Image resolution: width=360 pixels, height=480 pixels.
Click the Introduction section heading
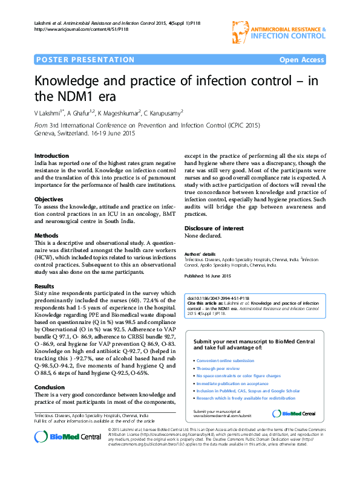[51, 155]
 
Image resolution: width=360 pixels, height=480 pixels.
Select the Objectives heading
[49, 199]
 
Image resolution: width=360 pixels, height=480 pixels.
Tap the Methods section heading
[47, 235]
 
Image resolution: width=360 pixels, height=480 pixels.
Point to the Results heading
[45, 286]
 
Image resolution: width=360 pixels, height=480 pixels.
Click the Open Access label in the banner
[301, 60]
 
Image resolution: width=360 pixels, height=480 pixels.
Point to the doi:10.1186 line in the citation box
[218, 299]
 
